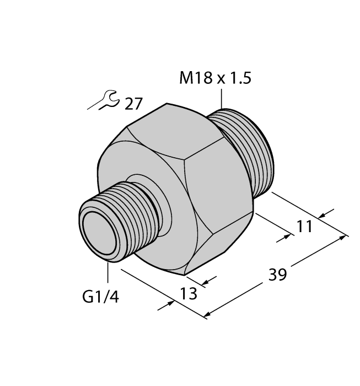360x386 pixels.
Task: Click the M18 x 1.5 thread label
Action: click(215, 79)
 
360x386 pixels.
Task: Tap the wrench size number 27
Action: click(133, 104)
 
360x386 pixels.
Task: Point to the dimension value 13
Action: click(188, 294)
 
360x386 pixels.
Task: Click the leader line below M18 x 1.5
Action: click(222, 100)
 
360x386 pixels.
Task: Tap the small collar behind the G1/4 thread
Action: click(144, 187)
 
